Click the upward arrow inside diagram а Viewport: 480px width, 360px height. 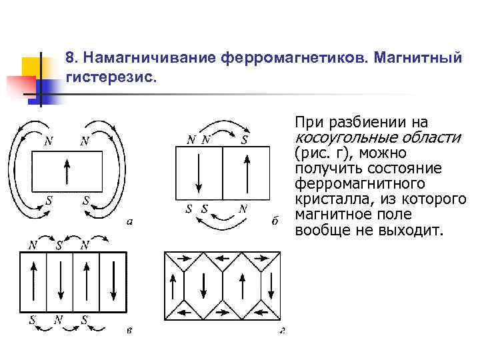tap(66, 172)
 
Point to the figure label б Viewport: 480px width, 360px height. tap(275, 221)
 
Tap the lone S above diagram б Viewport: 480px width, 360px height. tap(245, 139)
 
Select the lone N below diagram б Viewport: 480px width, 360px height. tap(244, 208)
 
